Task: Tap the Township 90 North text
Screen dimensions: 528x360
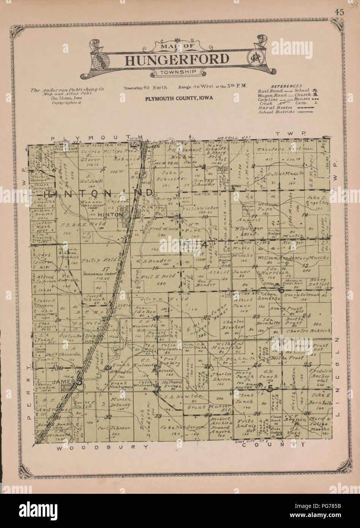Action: pos(148,88)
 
